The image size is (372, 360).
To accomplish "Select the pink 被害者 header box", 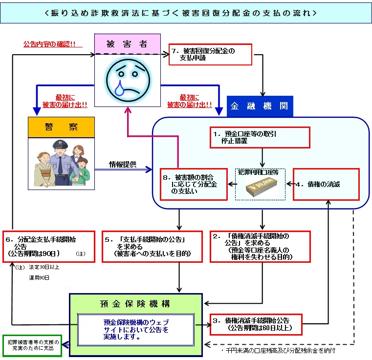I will point(127,44).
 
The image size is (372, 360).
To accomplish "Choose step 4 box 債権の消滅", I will point(323,184).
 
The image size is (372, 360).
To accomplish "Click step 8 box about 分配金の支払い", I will point(195,184).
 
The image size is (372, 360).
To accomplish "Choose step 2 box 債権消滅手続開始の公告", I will point(253,246).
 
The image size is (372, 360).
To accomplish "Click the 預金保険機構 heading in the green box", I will point(136,303).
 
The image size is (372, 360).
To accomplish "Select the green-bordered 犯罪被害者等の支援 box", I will point(32,345).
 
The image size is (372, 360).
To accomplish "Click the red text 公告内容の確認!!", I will point(52,43).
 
